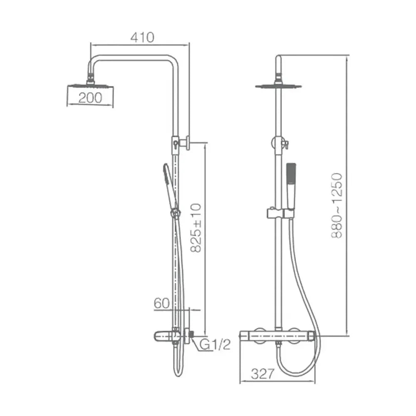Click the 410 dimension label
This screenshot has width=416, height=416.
142,37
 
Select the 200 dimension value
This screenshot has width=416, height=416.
90,98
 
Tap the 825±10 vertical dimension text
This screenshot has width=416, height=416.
196,228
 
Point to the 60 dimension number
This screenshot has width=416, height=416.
161,303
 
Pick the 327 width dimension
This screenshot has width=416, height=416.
262,374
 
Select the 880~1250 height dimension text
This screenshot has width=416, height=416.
337,206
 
